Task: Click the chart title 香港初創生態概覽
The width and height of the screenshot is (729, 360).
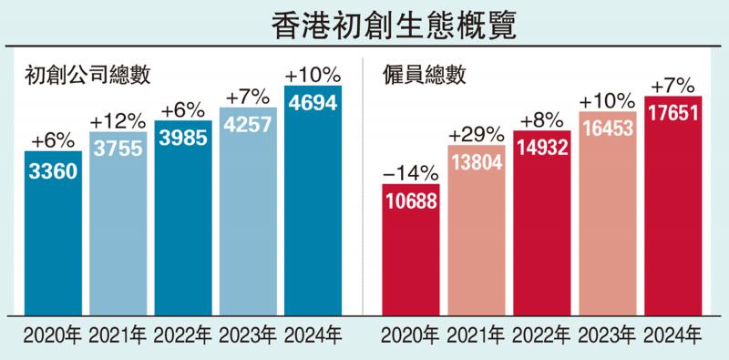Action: click(x=365, y=25)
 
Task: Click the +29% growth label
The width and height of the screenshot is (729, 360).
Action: click(x=477, y=134)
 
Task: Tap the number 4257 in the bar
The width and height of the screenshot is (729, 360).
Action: click(x=248, y=124)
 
